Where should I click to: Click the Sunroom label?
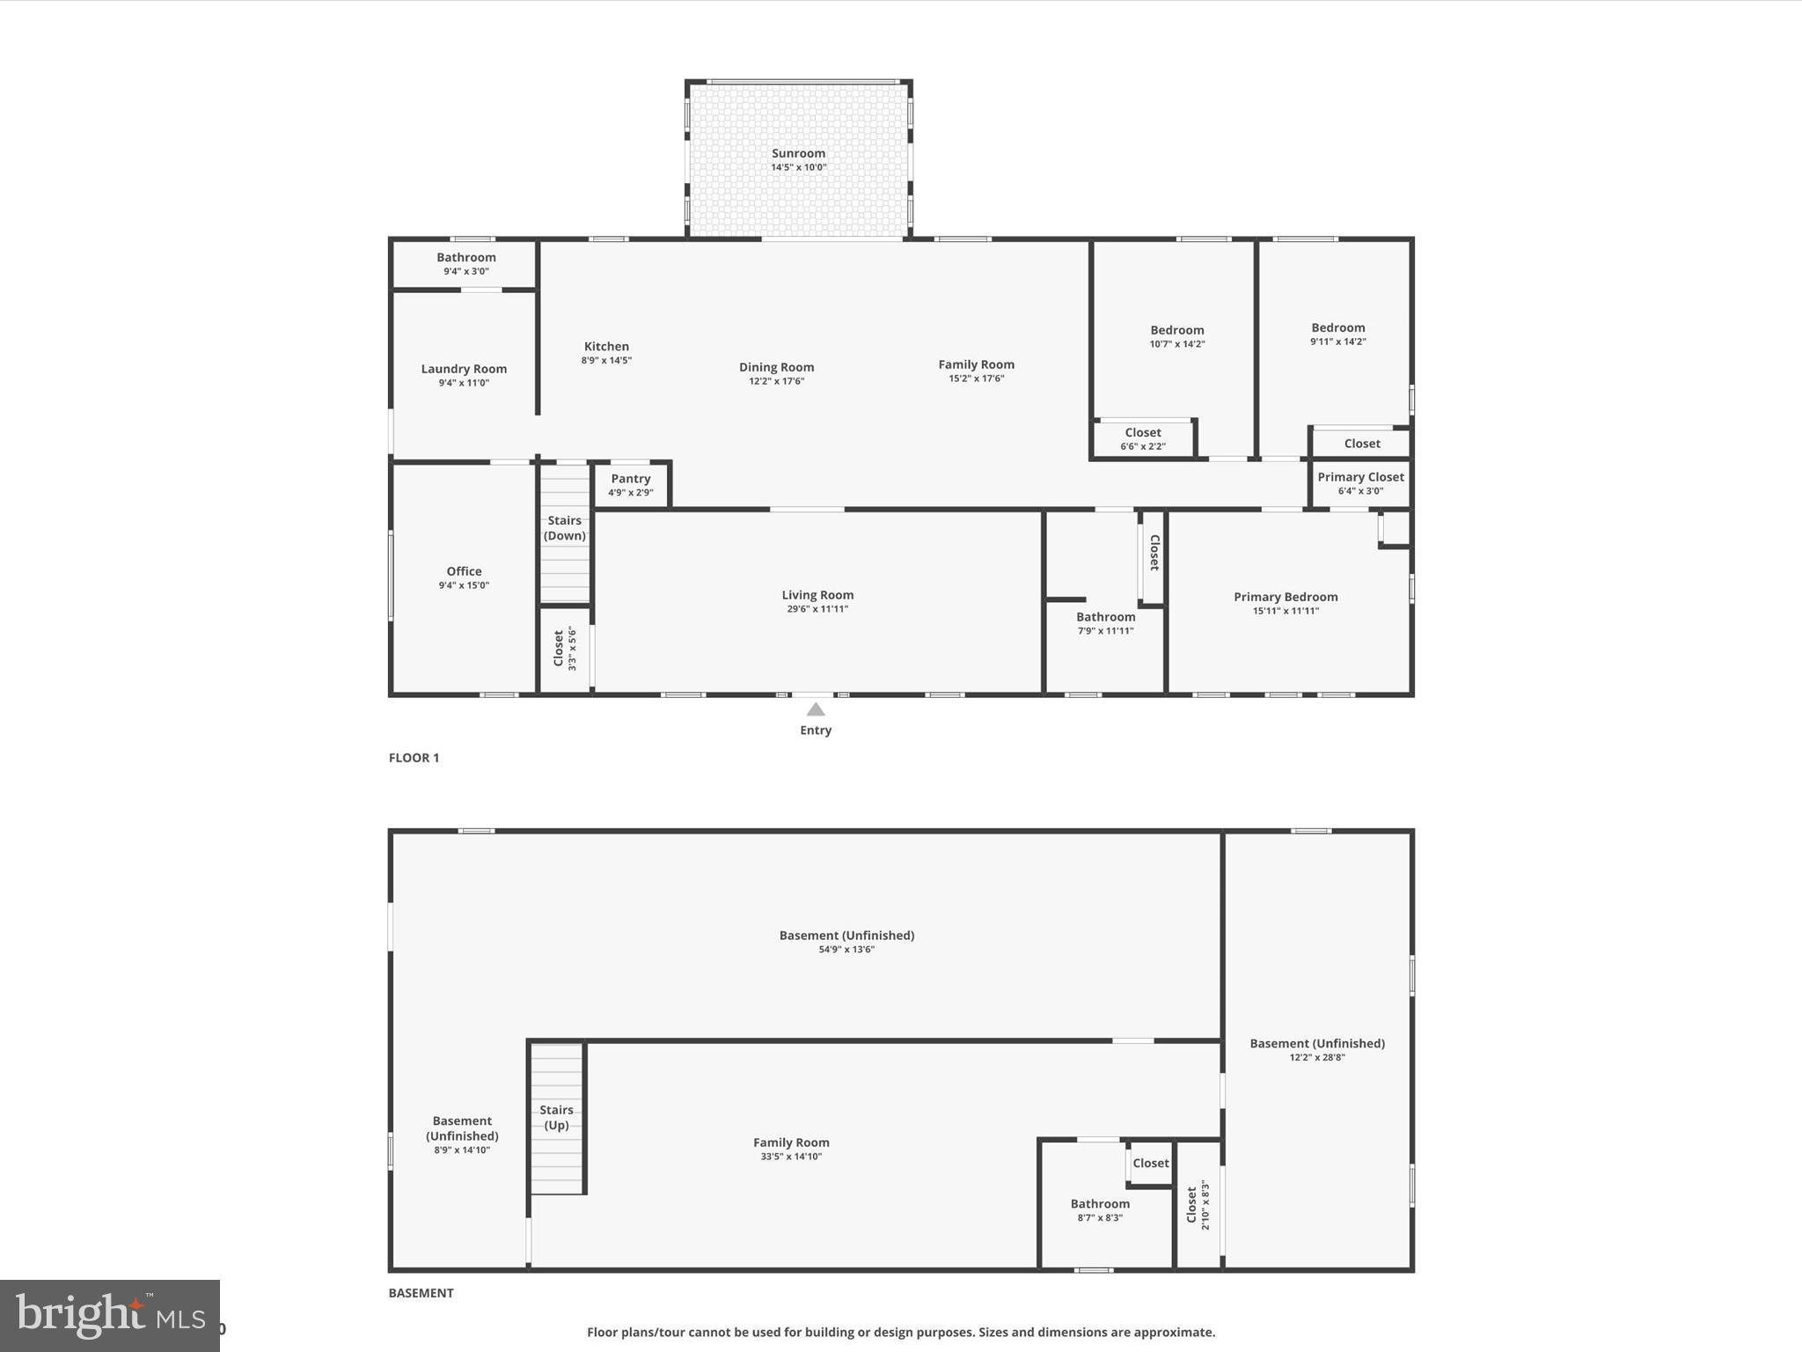coord(798,153)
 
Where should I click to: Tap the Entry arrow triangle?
coord(816,709)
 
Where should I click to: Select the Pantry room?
coord(631,485)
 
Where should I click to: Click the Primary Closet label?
coord(1360,477)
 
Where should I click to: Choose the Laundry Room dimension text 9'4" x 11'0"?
coord(464,383)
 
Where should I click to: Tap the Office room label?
coord(464,571)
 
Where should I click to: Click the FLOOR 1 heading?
coord(414,758)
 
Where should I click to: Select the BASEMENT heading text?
coord(421,1293)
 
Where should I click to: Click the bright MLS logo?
coord(110,1316)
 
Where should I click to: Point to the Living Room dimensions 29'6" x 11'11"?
coord(817,609)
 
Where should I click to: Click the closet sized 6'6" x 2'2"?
coord(1143,438)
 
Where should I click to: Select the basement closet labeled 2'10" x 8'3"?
coord(1198,1206)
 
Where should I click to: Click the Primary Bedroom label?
coord(1286,597)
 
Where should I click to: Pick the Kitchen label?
coord(606,347)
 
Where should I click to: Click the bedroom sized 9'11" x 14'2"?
coord(1337,334)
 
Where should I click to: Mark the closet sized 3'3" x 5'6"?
coord(564,649)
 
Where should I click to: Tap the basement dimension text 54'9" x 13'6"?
coord(846,950)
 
